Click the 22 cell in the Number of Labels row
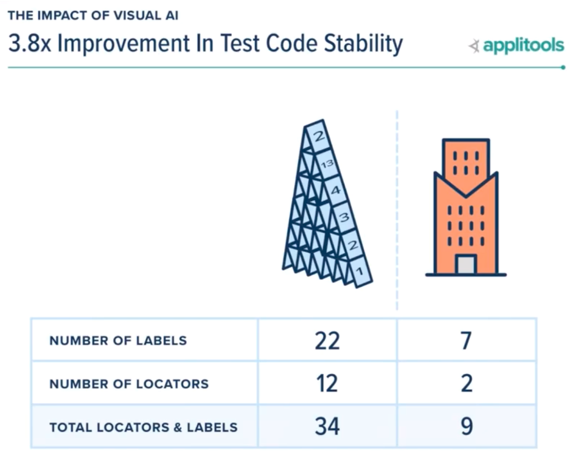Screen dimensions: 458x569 tap(327, 341)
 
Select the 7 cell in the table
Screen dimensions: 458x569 tap(466, 341)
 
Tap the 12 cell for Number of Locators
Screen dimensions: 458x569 tap(327, 383)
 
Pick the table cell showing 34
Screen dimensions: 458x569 tap(327, 426)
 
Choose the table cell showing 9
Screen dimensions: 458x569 tap(466, 426)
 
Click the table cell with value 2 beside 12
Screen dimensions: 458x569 tap(466, 383)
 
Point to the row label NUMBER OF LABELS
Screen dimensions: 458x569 tap(118, 341)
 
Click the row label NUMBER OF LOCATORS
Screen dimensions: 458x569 tap(129, 384)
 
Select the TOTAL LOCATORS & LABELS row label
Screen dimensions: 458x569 tap(143, 427)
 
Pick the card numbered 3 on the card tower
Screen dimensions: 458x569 tap(343, 217)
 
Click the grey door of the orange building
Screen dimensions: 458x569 tap(465, 265)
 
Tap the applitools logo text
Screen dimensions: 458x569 tap(523, 46)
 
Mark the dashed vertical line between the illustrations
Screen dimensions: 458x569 tap(397, 208)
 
